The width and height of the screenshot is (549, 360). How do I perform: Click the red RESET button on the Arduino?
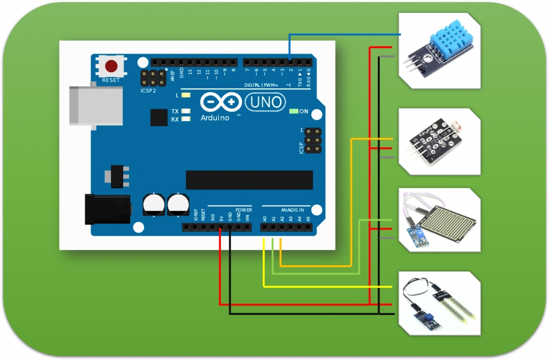[112, 67]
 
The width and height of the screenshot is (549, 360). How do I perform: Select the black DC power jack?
[108, 209]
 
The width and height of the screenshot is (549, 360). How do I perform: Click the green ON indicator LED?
[293, 111]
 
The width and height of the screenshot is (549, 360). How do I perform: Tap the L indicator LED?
[186, 95]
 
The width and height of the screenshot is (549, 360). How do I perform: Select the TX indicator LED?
[186, 111]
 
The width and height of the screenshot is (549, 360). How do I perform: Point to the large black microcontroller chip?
[249, 180]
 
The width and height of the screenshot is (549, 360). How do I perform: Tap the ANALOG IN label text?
[292, 209]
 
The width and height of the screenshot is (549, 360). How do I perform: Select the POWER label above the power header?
[243, 209]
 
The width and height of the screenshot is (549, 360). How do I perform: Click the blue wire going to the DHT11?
[343, 34]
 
